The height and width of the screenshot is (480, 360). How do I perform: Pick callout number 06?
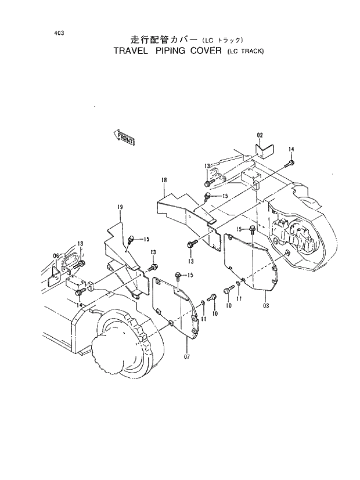pos(56,255)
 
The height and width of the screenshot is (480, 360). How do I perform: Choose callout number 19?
pos(120,207)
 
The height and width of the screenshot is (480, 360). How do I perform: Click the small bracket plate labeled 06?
pos(57,273)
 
